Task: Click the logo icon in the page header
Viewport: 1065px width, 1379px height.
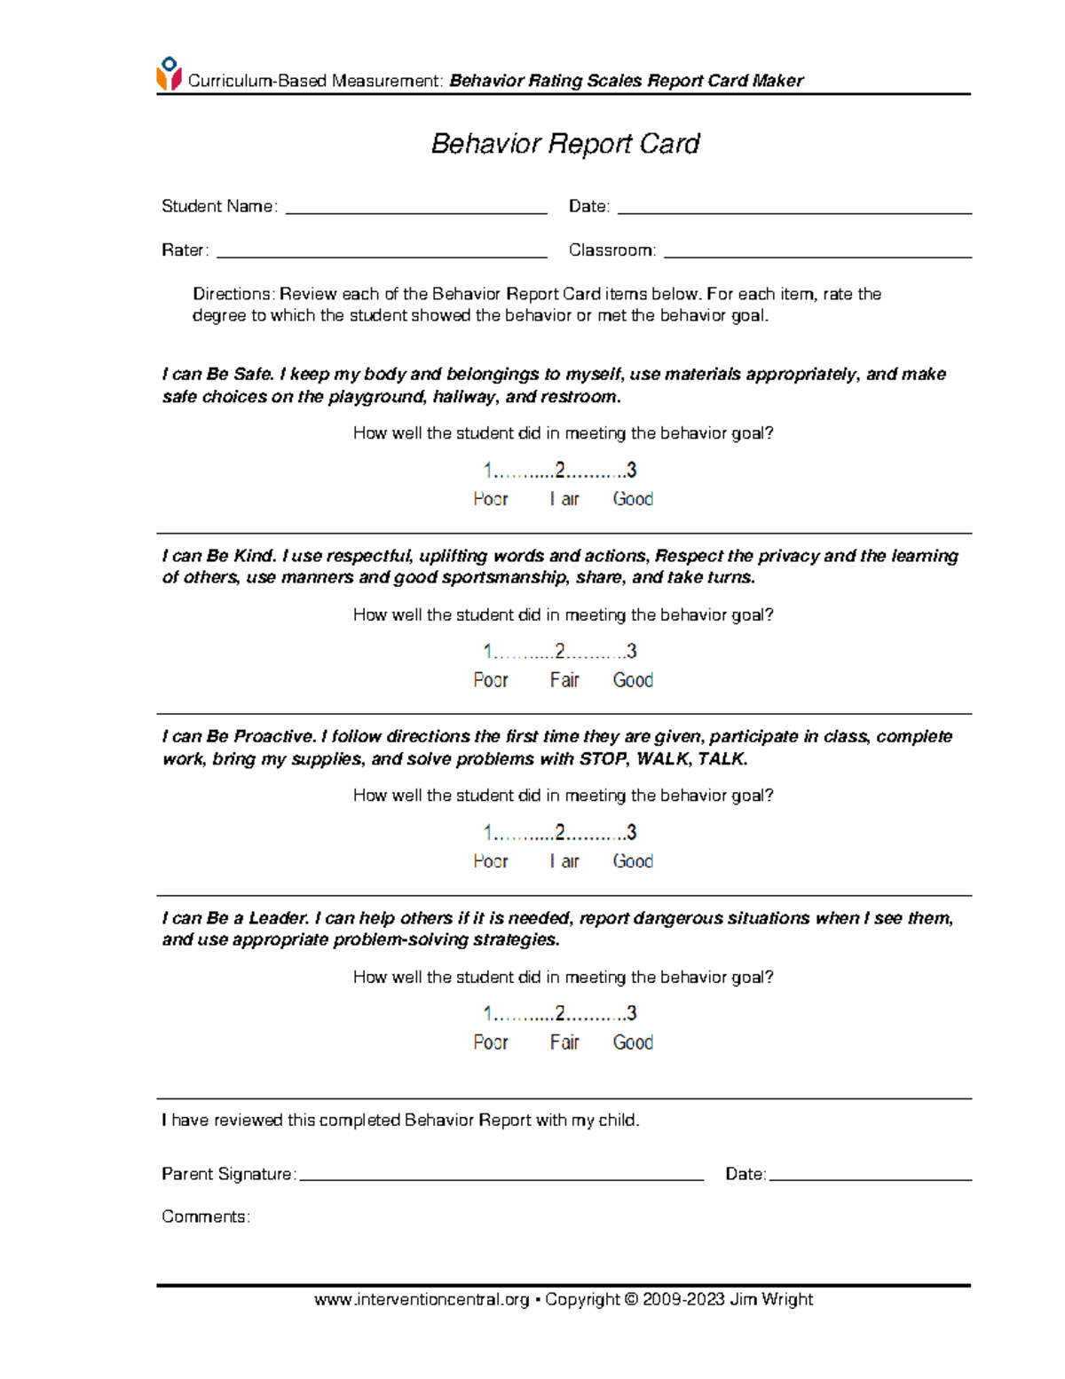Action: click(x=169, y=74)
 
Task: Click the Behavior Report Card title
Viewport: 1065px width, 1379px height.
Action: click(x=564, y=144)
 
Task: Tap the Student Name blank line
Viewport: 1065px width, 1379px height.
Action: click(x=415, y=210)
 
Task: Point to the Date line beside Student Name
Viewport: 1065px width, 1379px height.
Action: click(x=794, y=210)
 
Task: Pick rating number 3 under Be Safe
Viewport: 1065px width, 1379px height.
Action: click(x=631, y=470)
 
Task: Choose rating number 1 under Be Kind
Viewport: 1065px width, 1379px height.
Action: click(x=487, y=652)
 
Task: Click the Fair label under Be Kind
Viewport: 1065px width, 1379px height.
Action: click(x=564, y=680)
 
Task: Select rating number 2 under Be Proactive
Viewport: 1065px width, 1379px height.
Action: click(x=560, y=833)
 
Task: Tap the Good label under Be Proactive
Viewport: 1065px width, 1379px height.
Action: click(x=633, y=861)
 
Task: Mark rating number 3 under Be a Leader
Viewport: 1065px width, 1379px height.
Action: click(x=631, y=1014)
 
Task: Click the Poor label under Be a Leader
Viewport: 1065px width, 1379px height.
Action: click(x=490, y=1042)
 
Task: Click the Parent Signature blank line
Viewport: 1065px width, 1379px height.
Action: click(x=501, y=1177)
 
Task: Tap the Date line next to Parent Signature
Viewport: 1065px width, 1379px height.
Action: click(x=870, y=1177)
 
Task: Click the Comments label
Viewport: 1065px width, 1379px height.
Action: click(x=205, y=1217)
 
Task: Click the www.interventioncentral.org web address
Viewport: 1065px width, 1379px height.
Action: click(x=422, y=1300)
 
